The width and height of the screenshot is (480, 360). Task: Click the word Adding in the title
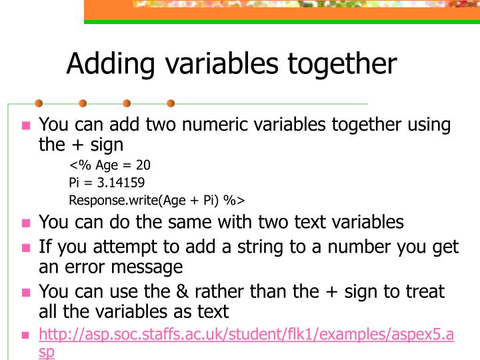click(109, 65)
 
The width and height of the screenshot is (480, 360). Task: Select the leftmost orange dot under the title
click(39, 103)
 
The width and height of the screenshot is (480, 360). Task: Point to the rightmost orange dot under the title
click(171, 103)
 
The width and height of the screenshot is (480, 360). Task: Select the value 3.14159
click(121, 182)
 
